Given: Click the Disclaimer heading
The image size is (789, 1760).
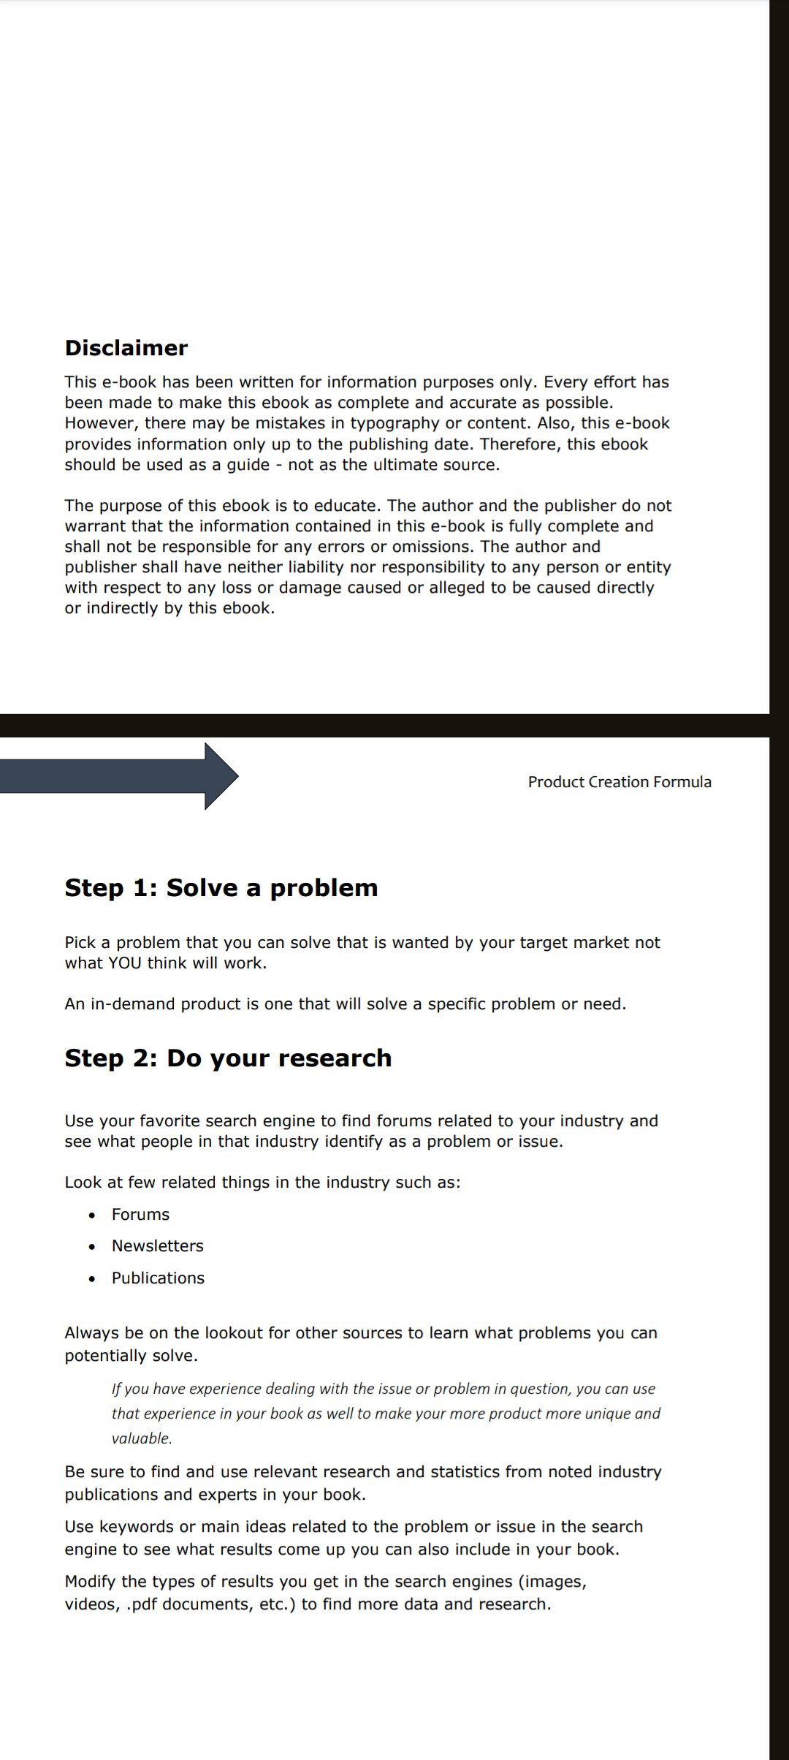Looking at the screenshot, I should point(126,348).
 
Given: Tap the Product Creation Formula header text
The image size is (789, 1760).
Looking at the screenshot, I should point(619,782).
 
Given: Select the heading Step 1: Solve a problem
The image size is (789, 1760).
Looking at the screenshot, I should point(221,888).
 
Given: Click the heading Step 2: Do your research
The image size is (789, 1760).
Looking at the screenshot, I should point(228,1058).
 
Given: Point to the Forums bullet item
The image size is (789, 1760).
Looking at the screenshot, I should point(140,1214).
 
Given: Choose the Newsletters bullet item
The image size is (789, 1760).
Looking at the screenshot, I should point(157,1245).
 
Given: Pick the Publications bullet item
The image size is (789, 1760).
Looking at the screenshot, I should point(158,1278).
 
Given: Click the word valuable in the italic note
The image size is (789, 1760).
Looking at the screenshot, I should point(141,1438).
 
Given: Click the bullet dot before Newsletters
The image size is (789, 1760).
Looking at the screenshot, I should point(91,1247).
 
